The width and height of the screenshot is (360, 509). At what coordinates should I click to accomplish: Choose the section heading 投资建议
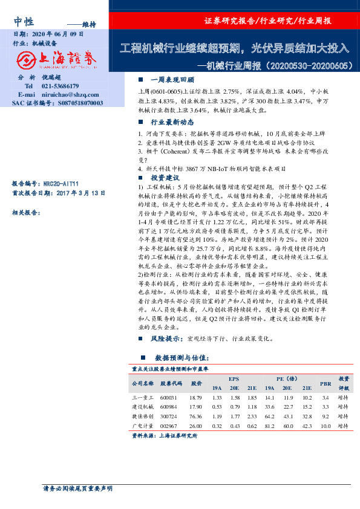point(165,178)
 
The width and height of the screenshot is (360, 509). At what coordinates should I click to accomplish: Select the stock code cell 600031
point(169,398)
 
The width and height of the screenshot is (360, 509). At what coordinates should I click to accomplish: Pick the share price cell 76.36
point(195,417)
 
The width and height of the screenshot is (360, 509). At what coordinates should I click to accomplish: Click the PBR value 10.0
point(326,426)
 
